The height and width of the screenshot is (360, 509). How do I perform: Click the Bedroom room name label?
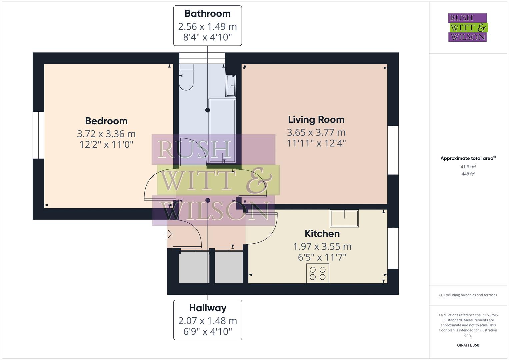(x=106, y=121)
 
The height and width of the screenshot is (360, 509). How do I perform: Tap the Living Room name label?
(x=316, y=119)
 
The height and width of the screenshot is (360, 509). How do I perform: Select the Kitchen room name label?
(x=322, y=234)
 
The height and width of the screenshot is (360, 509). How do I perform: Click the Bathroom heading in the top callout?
(x=207, y=14)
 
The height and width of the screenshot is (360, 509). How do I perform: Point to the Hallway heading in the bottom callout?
(x=208, y=308)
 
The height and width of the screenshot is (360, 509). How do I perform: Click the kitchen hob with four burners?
(x=318, y=273)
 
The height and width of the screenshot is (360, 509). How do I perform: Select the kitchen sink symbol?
(x=344, y=218)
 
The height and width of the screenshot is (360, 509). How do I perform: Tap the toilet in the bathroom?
(x=186, y=77)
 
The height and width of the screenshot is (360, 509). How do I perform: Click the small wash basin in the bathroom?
(x=231, y=86)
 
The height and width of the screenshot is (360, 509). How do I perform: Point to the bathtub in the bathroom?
(x=222, y=131)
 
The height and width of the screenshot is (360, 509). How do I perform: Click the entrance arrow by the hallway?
(x=168, y=235)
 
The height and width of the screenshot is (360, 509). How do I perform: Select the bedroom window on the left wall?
(x=38, y=135)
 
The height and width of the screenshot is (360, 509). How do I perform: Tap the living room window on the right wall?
(x=393, y=150)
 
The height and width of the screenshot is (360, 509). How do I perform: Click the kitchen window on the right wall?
(x=393, y=248)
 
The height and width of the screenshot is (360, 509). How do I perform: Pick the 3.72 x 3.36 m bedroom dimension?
(x=106, y=134)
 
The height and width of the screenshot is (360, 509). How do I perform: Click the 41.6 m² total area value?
(x=468, y=167)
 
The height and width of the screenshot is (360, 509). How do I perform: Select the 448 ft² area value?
(x=468, y=174)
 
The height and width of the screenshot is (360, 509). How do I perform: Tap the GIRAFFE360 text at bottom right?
(x=468, y=345)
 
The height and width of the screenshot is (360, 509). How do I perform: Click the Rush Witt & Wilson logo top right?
(x=468, y=27)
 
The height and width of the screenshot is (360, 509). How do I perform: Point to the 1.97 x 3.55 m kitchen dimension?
(x=322, y=246)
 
